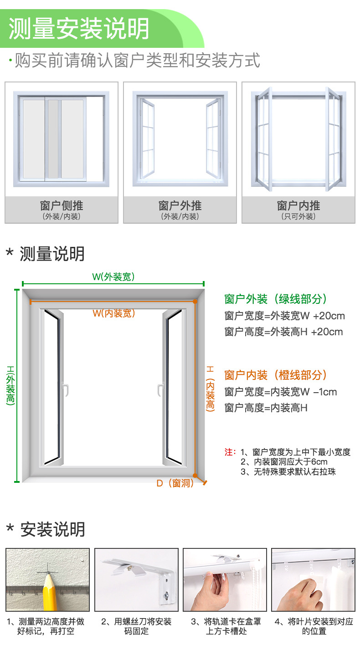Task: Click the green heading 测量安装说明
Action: click(x=79, y=28)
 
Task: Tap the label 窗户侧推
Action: click(x=62, y=206)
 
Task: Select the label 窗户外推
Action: click(x=180, y=206)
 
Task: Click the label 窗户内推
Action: click(x=298, y=206)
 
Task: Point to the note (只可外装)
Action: click(x=298, y=217)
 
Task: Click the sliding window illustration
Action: click(x=62, y=138)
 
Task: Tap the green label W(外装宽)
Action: click(x=113, y=276)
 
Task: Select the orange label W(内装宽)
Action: click(x=114, y=313)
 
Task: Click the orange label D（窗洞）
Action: click(x=175, y=483)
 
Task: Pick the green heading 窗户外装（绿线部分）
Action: click(x=276, y=299)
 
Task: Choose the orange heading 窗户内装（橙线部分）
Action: click(x=276, y=375)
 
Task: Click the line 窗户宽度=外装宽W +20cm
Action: click(x=284, y=316)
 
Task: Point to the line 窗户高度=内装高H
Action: click(x=266, y=408)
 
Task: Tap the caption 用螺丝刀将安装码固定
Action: click(x=136, y=626)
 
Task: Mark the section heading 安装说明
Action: click(x=52, y=530)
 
